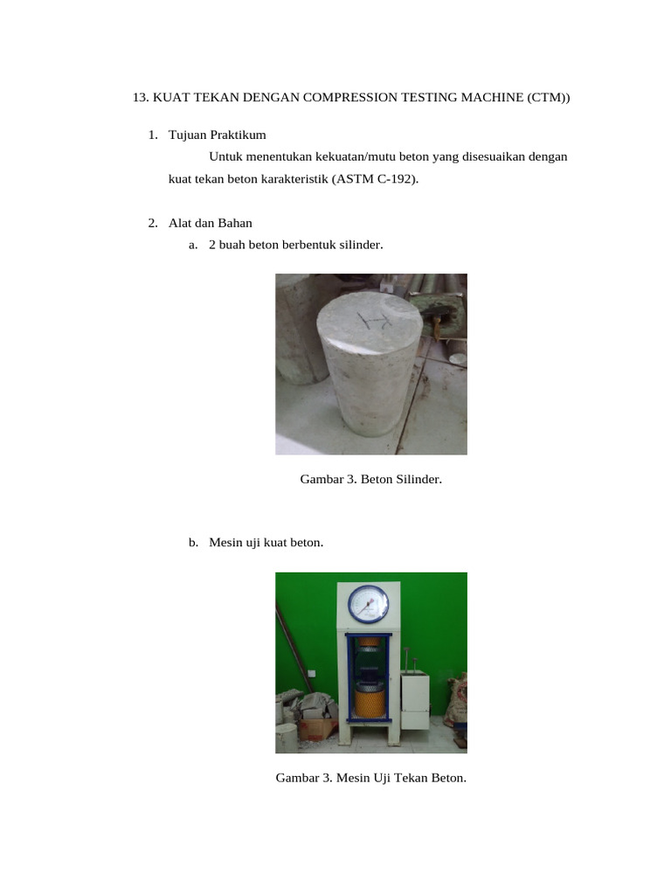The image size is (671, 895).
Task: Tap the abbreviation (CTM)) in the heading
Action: click(x=548, y=98)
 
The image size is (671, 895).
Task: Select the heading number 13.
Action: click(x=141, y=98)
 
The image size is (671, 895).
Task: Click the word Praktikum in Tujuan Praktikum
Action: click(x=237, y=135)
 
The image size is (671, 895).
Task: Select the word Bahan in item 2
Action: click(x=236, y=223)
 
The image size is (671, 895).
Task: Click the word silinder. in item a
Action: click(x=357, y=245)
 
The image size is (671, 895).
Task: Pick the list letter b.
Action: click(x=193, y=543)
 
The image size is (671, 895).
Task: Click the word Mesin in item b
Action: click(x=225, y=543)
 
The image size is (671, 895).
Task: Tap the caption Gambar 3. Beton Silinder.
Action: click(x=371, y=479)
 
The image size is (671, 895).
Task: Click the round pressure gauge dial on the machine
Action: click(x=368, y=604)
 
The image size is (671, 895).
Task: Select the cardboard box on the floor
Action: click(x=316, y=726)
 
